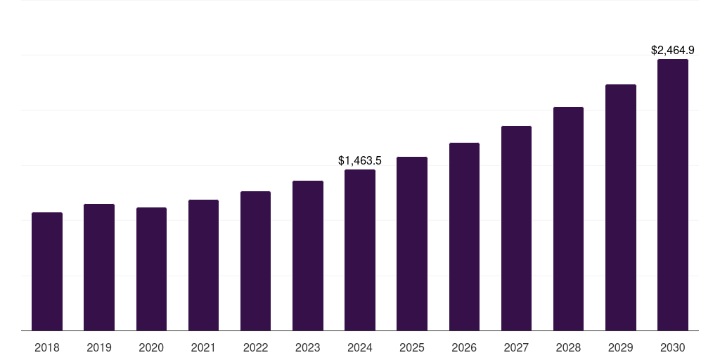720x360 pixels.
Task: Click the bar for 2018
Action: pos(47,271)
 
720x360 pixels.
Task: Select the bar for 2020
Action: pos(151,269)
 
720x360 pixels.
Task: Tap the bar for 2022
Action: pos(255,261)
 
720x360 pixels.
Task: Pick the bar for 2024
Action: pos(360,250)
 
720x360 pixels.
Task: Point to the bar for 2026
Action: pos(464,236)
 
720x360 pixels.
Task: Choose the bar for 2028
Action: pos(568,219)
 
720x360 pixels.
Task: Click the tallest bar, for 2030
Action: pos(673,195)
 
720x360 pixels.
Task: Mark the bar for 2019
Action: pos(99,267)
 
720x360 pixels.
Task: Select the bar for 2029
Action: pos(621,207)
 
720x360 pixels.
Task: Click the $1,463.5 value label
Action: pos(360,161)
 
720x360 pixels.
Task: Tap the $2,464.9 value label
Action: pos(673,51)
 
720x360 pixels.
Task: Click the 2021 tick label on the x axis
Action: pos(203,347)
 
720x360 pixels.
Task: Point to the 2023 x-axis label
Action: pos(308,347)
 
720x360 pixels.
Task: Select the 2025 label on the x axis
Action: pos(412,347)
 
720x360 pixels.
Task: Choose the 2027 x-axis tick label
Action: pos(516,347)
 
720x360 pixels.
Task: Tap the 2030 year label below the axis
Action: pos(673,347)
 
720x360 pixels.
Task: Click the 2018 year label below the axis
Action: pos(47,347)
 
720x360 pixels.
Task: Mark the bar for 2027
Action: pos(516,228)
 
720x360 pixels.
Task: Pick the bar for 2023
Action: pos(308,255)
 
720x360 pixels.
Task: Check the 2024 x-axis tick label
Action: pos(360,347)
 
